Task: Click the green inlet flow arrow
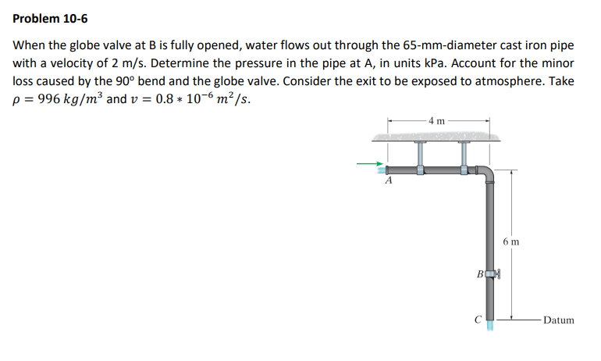(367, 164)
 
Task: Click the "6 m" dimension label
(512, 242)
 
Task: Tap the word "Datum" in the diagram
(558, 320)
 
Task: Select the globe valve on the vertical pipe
(493, 274)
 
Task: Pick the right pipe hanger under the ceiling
(464, 156)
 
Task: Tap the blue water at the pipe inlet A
(381, 170)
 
